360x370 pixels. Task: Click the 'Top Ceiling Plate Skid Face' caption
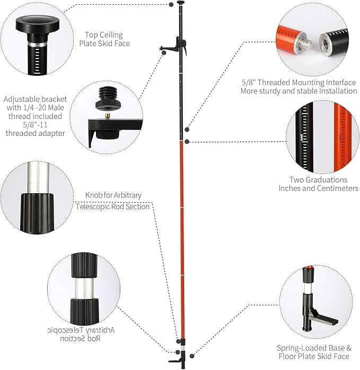(x=104, y=38)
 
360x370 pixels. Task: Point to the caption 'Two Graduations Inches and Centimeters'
(x=318, y=184)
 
